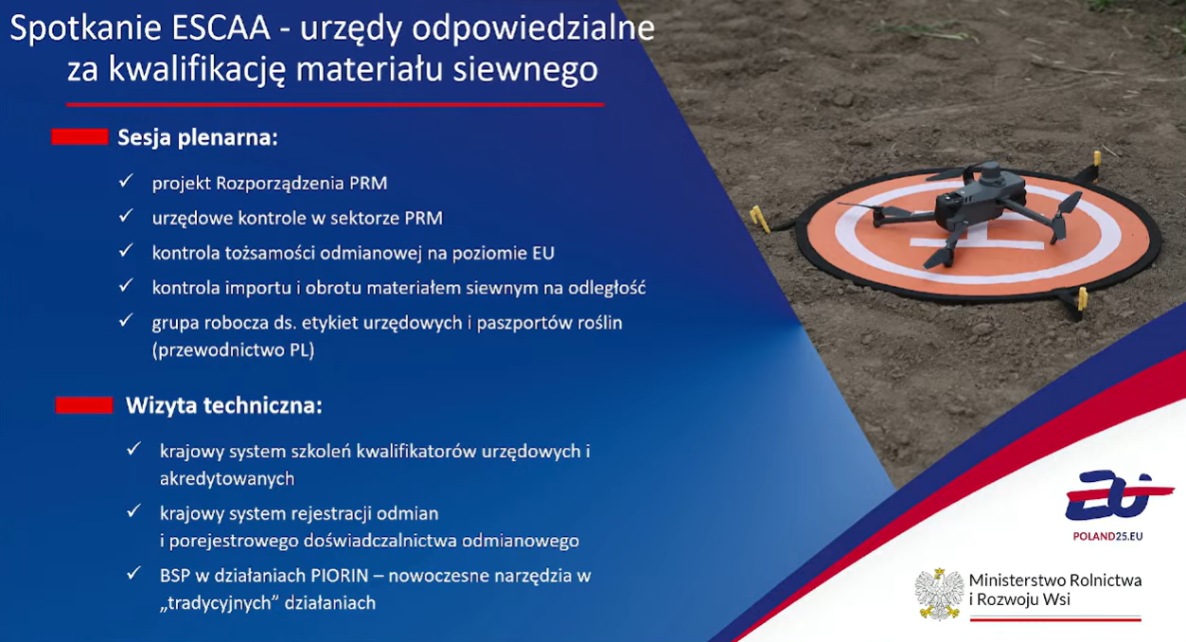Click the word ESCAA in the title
tap(221, 28)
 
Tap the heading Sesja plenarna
tap(198, 137)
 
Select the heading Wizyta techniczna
tap(224, 406)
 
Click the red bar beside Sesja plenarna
tap(80, 136)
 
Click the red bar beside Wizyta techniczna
tap(84, 405)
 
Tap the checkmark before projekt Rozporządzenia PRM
tap(126, 181)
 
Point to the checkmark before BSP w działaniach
tap(134, 574)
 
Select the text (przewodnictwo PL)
tap(234, 350)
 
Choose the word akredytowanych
tap(227, 479)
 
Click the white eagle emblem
tap(939, 594)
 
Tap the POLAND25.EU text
tap(1107, 536)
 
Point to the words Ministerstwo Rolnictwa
tap(1055, 580)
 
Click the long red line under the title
tap(335, 105)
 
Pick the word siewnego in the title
tap(525, 69)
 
